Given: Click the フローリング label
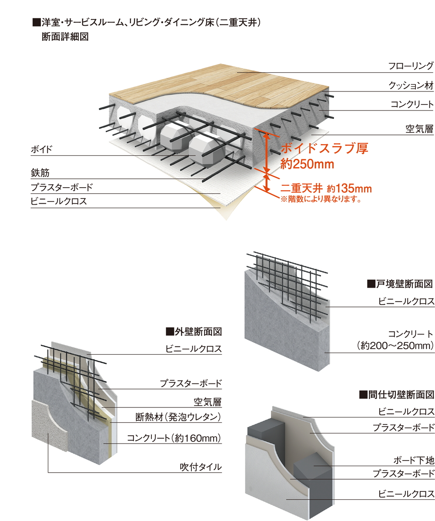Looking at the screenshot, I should tap(411, 66).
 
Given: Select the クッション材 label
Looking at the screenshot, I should tap(411, 85).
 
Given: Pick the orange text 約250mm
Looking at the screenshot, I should tap(307, 165).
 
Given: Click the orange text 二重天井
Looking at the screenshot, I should tap(301, 188).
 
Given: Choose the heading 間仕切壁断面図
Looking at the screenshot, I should tap(396, 395).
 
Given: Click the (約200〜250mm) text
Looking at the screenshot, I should tap(395, 346).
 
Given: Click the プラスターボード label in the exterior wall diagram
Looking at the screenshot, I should tap(191, 383).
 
